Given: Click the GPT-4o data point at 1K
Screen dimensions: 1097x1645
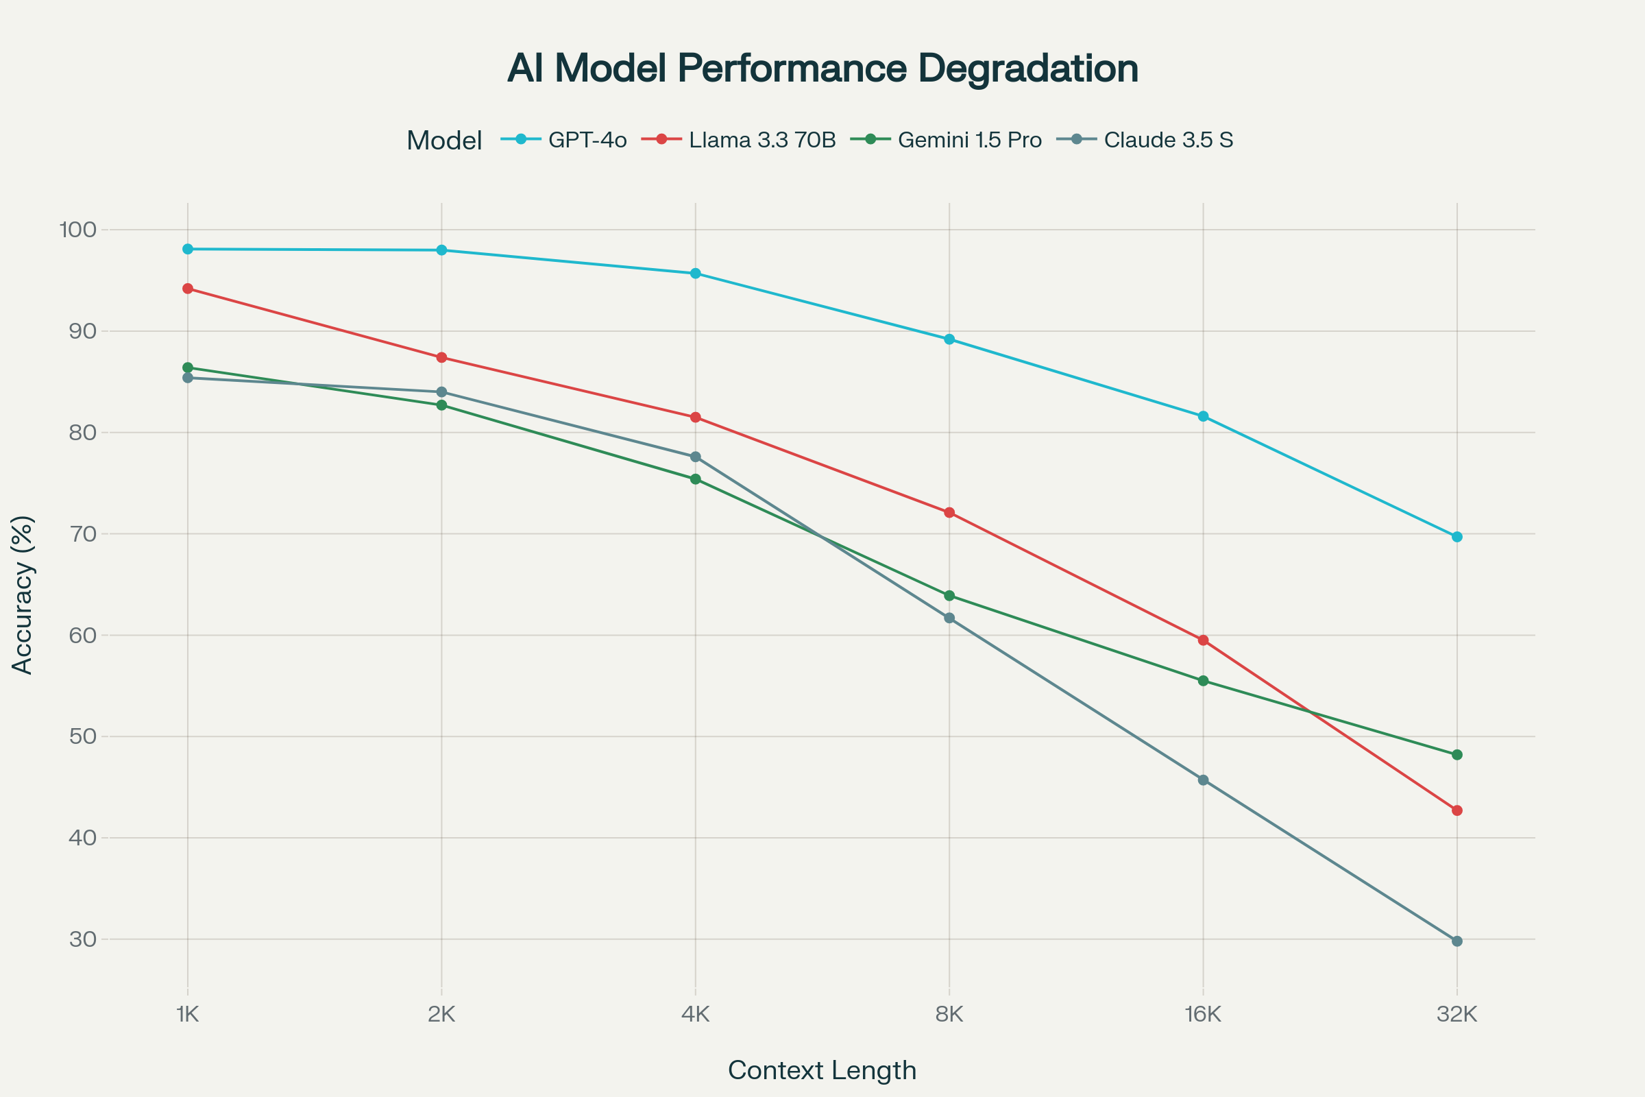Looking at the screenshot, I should pyautogui.click(x=187, y=249).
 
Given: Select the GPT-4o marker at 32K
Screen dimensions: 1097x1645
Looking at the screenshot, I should pyautogui.click(x=1457, y=537).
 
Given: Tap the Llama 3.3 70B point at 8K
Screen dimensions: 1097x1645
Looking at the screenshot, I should pyautogui.click(x=949, y=513).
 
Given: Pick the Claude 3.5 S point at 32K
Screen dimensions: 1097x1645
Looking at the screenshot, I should pyautogui.click(x=1457, y=941).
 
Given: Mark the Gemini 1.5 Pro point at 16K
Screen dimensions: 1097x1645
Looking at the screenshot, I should pyautogui.click(x=1203, y=681).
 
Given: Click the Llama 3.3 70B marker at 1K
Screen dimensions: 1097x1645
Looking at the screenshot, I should pyautogui.click(x=187, y=288).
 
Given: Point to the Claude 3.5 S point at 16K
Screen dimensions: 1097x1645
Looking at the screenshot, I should pyautogui.click(x=1203, y=780).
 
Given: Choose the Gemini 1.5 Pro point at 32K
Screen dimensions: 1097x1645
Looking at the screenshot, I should pyautogui.click(x=1457, y=755).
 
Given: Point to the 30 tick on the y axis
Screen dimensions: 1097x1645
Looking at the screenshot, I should pyautogui.click(x=82, y=939).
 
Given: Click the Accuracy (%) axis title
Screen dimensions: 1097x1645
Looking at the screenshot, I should pyautogui.click(x=23, y=595).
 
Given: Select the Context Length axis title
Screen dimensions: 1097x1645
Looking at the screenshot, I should pyautogui.click(x=822, y=1070).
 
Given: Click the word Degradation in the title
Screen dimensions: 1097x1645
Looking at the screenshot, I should pyautogui.click(x=1027, y=68).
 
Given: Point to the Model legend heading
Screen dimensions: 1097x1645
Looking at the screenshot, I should pyautogui.click(x=444, y=141).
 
